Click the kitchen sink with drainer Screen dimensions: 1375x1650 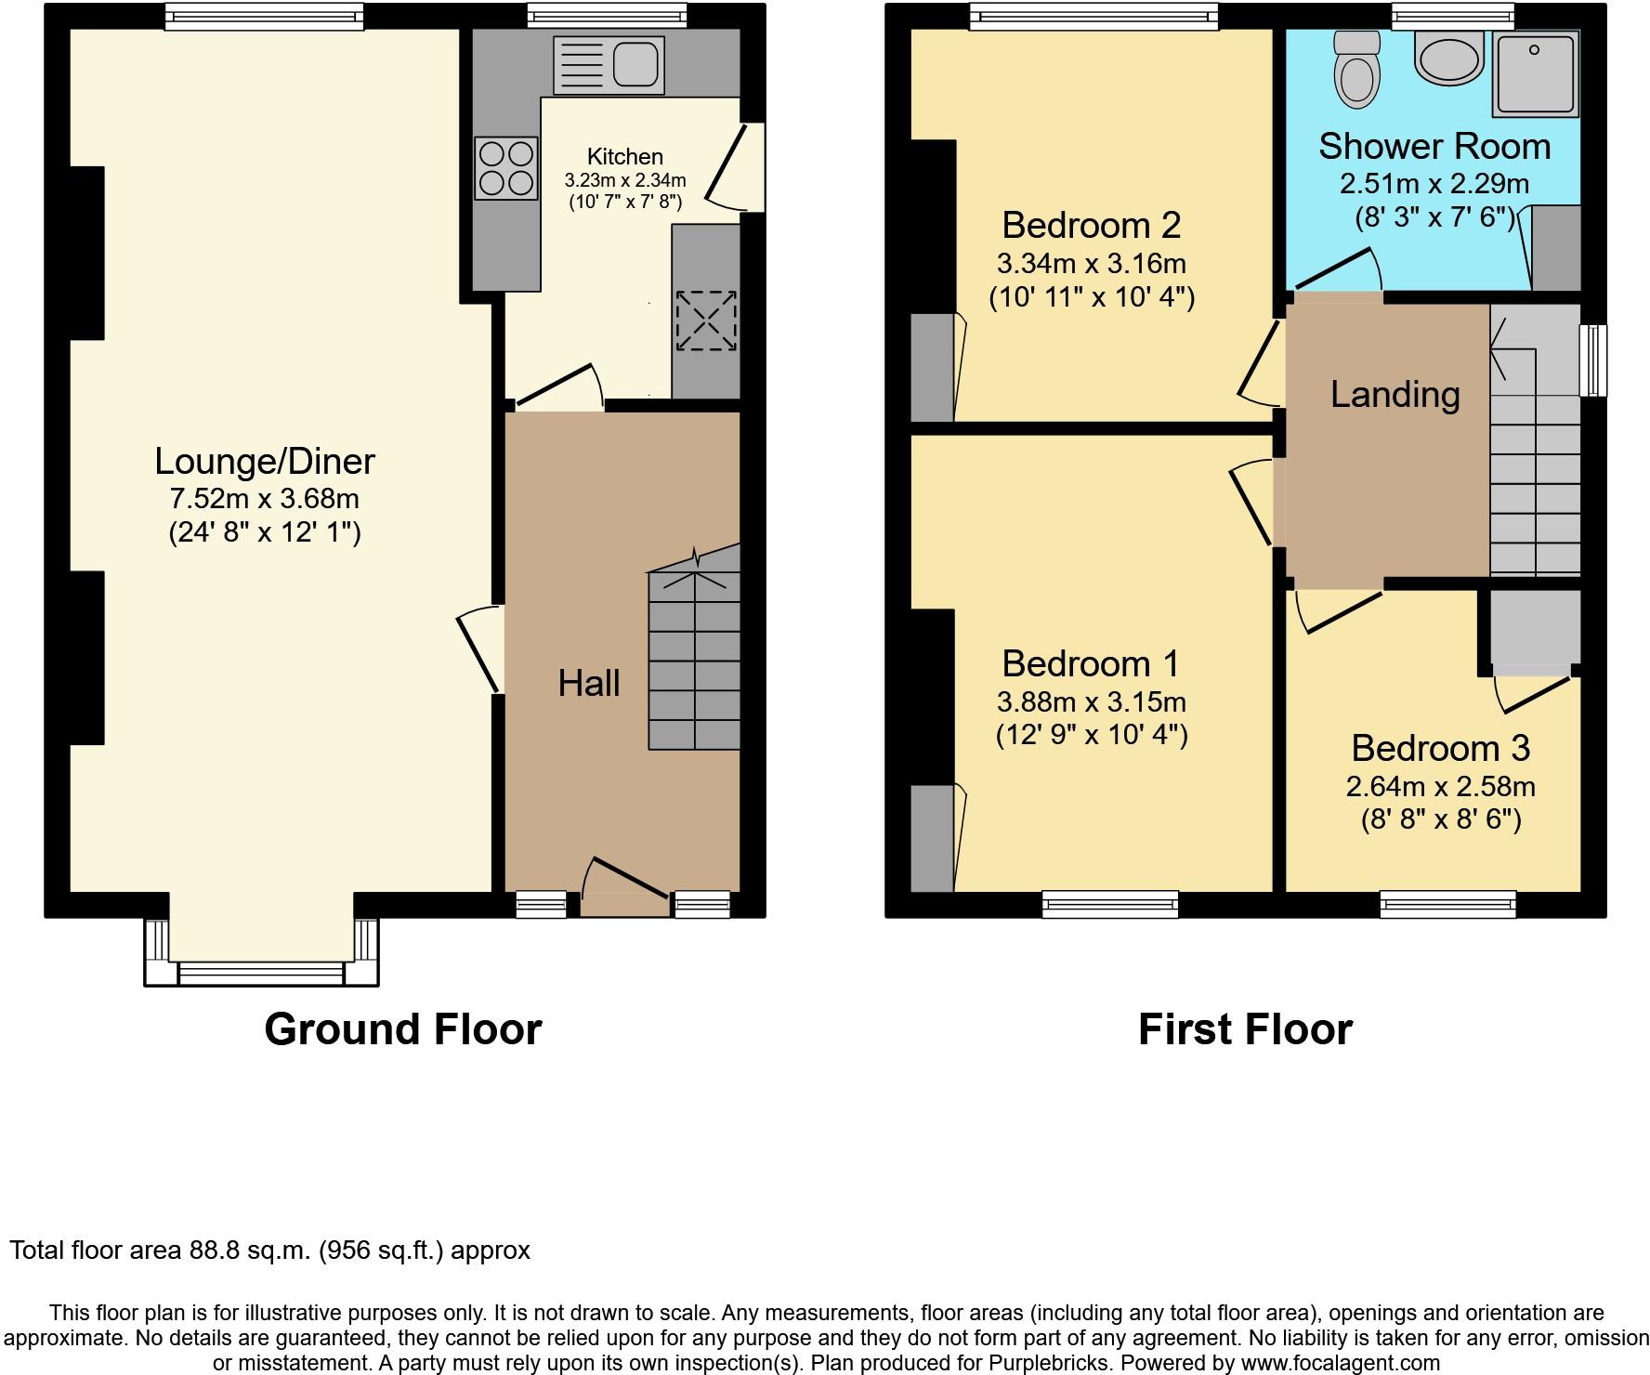coord(609,65)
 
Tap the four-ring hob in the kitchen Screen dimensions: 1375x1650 coord(506,168)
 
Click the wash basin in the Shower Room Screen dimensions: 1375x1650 coord(1447,59)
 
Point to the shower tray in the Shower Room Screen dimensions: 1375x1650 coord(1535,75)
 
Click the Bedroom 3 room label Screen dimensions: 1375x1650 coord(1440,748)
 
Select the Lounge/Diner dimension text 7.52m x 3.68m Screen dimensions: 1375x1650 coord(264,499)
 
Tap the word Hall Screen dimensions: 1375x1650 coord(588,684)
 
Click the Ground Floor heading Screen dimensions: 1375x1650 coord(402,1029)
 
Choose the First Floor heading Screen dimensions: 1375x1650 coord(1245,1029)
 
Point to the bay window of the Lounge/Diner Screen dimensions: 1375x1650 coord(261,973)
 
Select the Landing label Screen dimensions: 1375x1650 coord(1395,395)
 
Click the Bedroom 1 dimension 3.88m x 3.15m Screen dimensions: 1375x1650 coord(1091,701)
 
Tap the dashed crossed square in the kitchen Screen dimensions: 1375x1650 coord(706,321)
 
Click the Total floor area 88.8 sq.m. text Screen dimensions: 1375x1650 coord(269,1251)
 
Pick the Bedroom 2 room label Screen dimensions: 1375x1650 coord(1091,225)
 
